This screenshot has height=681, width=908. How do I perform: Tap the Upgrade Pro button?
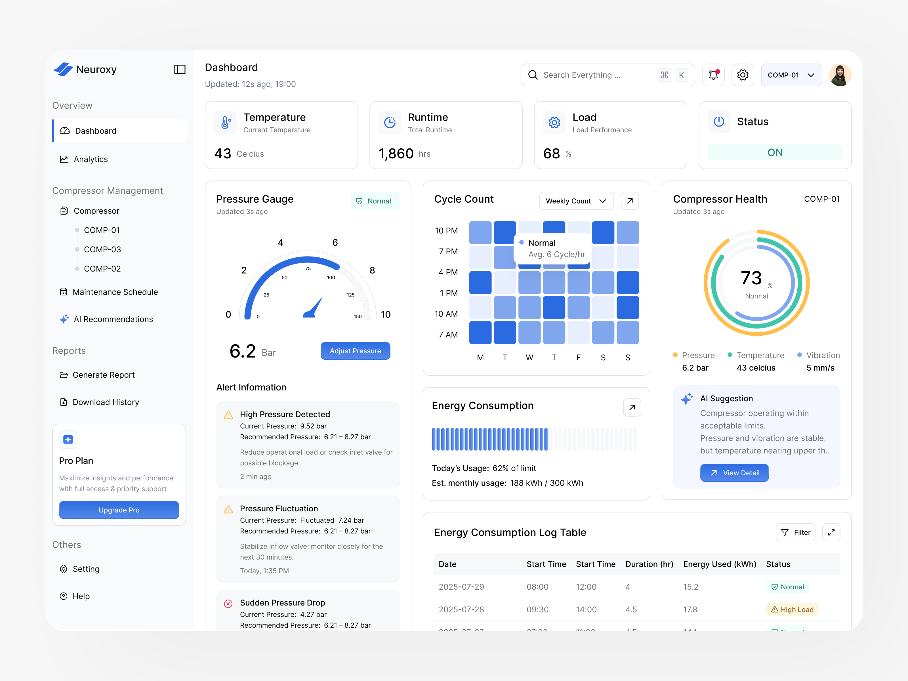[x=119, y=510]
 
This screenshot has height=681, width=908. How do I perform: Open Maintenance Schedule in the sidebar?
[x=115, y=292]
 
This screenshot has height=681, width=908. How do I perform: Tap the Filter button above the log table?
[x=796, y=532]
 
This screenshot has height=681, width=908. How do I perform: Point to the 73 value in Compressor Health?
[x=751, y=278]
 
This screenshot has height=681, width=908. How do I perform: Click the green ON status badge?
[x=775, y=153]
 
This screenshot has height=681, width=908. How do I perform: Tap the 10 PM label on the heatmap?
[x=446, y=231]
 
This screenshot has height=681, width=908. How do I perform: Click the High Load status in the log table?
[x=792, y=609]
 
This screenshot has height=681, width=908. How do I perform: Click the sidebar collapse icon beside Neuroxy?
[x=180, y=69]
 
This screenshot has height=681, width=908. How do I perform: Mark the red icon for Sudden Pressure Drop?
[x=228, y=604]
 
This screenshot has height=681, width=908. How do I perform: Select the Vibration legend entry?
[x=823, y=356]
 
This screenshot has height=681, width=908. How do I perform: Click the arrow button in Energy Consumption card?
[x=632, y=408]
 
